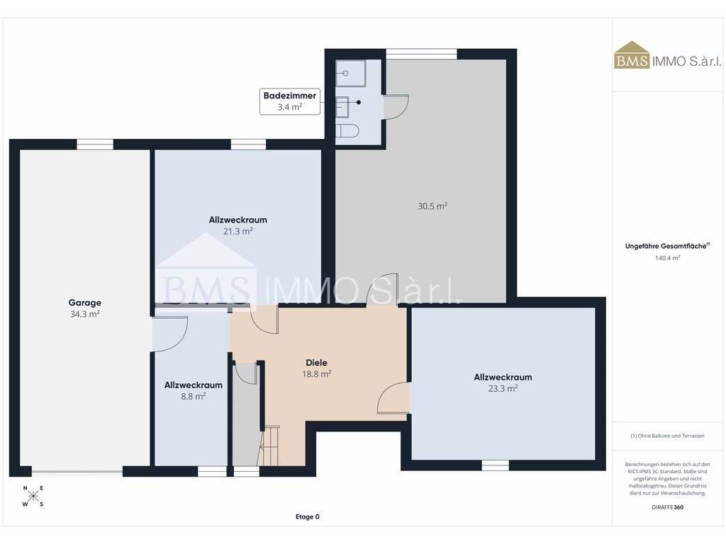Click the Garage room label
[x=85, y=302]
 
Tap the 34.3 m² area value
[x=85, y=314]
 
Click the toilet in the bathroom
[x=347, y=131]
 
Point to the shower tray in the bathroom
[x=350, y=73]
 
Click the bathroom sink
[x=342, y=108]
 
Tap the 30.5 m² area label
[x=432, y=206]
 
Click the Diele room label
[x=317, y=363]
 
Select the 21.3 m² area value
[x=238, y=232]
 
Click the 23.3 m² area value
[x=503, y=389]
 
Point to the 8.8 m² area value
[x=194, y=397]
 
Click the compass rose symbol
[x=33, y=497]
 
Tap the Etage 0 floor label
[x=308, y=516]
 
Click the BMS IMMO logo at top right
[x=667, y=55]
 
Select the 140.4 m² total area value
[x=667, y=258]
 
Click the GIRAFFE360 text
[x=667, y=507]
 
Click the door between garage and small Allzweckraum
[x=169, y=334]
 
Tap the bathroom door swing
[x=396, y=108]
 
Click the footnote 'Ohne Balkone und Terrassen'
[x=667, y=436]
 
